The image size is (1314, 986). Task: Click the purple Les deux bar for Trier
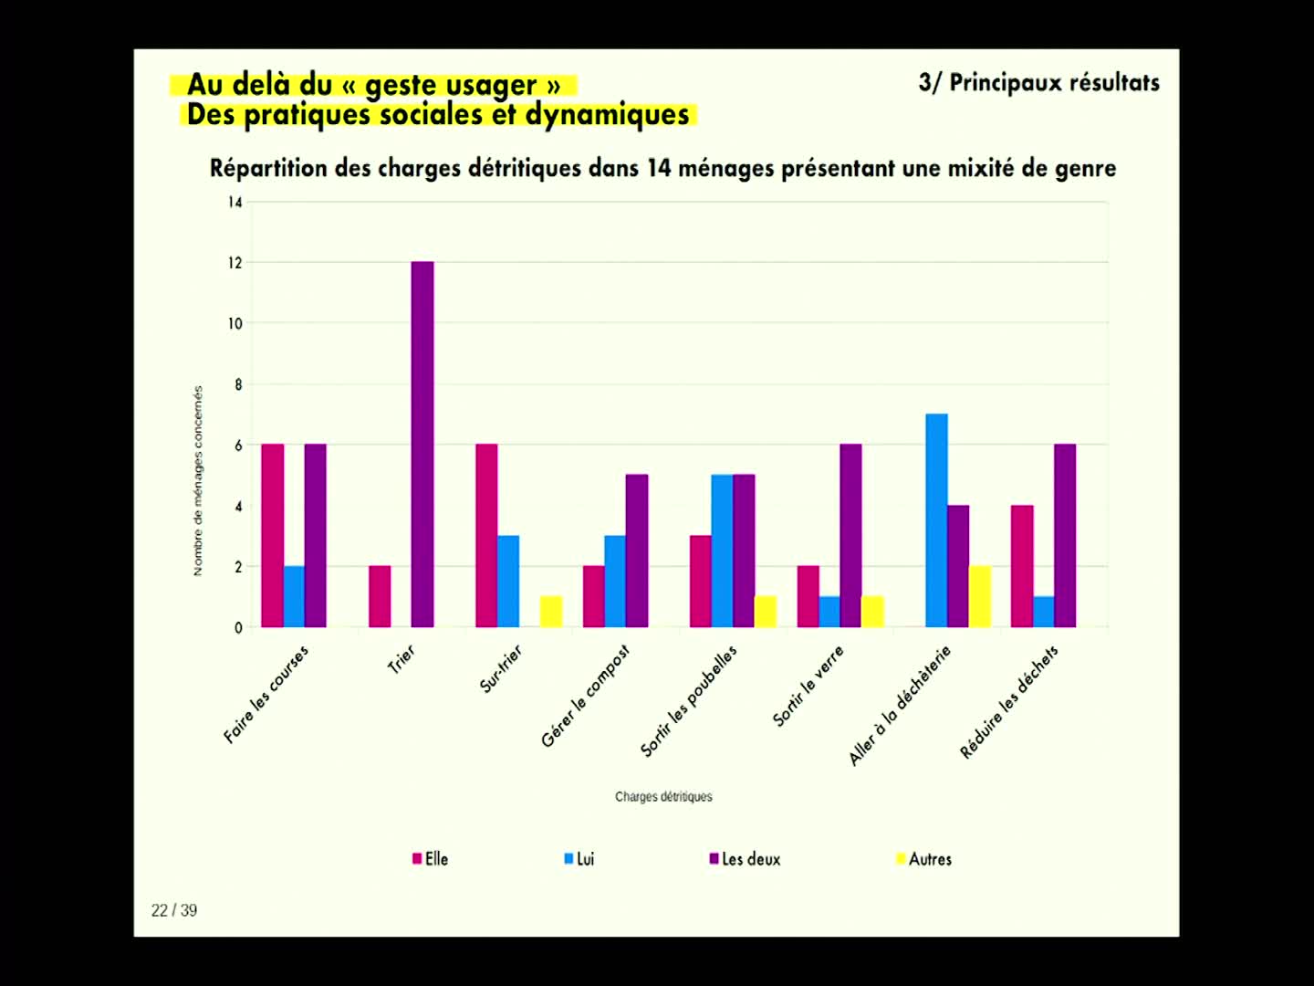coord(422,445)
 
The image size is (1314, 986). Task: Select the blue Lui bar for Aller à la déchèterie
coord(936,520)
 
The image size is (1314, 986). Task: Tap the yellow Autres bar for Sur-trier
coord(551,612)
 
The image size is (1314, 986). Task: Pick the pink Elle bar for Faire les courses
coord(272,536)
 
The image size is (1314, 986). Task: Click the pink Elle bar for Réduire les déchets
coord(1022,566)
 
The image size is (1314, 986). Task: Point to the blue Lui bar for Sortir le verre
coord(829,612)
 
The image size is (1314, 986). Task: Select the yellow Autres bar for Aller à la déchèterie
coord(979,596)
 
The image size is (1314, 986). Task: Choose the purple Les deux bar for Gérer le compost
coord(637,551)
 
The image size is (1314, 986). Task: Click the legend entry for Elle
coord(431,859)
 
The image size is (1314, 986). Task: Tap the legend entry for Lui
coord(579,859)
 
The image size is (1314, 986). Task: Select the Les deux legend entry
coord(746,859)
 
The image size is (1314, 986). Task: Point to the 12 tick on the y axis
coord(235,263)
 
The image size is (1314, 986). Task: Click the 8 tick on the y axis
coord(238,384)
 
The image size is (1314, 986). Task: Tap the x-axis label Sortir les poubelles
coord(689,701)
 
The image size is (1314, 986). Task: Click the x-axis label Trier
coord(401,658)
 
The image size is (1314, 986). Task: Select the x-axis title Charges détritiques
coord(663,797)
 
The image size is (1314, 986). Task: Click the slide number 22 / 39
coord(174,910)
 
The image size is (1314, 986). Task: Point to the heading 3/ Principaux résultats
coord(1038,83)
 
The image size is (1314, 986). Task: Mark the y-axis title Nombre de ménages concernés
coord(198,481)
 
